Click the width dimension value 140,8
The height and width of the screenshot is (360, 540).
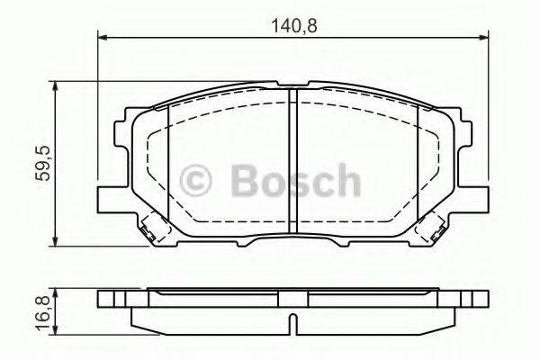(x=293, y=26)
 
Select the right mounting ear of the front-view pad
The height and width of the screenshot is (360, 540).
(x=478, y=191)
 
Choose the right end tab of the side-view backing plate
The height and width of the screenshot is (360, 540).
(x=481, y=296)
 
